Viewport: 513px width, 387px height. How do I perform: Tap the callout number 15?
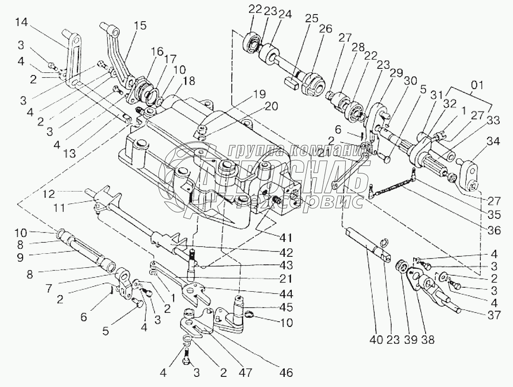coord(140,26)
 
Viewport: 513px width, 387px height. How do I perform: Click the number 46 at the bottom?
coord(286,372)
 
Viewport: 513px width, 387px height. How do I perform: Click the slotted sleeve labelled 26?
coord(313,82)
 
